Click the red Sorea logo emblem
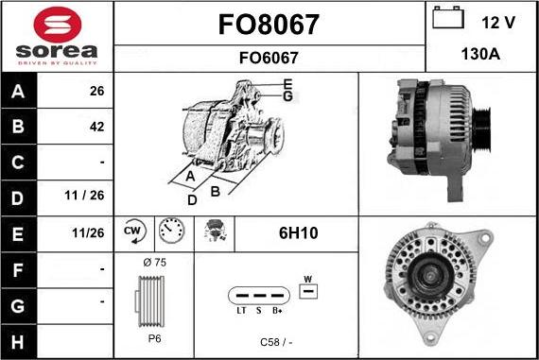58,25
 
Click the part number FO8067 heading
269,25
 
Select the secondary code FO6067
269,58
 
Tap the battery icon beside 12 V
448,18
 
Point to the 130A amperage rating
480,54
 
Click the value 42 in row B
96,127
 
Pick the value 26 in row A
96,91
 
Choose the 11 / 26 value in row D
84,196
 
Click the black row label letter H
18,342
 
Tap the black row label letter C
18,163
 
